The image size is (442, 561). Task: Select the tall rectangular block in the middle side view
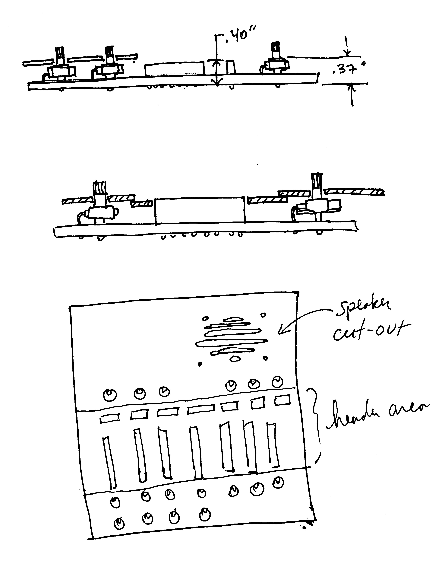click(200, 210)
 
